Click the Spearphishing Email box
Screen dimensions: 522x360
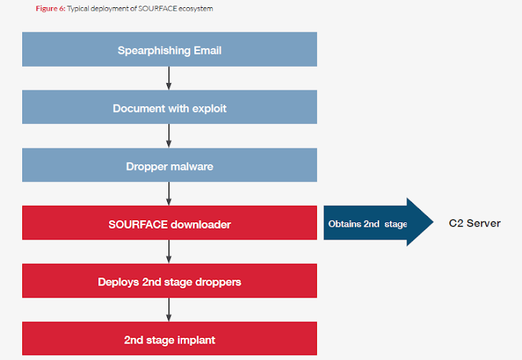pos(169,49)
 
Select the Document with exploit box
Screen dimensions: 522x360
pos(169,108)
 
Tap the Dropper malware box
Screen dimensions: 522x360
pos(169,165)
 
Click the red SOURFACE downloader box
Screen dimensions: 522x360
pos(169,223)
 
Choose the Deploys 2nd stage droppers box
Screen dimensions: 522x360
pos(169,280)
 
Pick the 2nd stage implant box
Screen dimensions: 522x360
pos(169,338)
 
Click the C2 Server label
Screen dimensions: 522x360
pos(475,223)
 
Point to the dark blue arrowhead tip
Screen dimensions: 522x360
pos(433,222)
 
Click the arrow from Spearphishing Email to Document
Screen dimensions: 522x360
pos(169,78)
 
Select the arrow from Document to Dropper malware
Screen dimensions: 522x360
pos(169,136)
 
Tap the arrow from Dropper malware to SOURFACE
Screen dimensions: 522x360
pos(169,194)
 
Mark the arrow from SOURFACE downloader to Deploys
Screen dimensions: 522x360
pos(169,252)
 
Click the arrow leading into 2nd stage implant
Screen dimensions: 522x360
pos(169,310)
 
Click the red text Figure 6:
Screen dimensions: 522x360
pos(51,9)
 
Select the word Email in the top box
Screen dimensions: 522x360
pos(207,50)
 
